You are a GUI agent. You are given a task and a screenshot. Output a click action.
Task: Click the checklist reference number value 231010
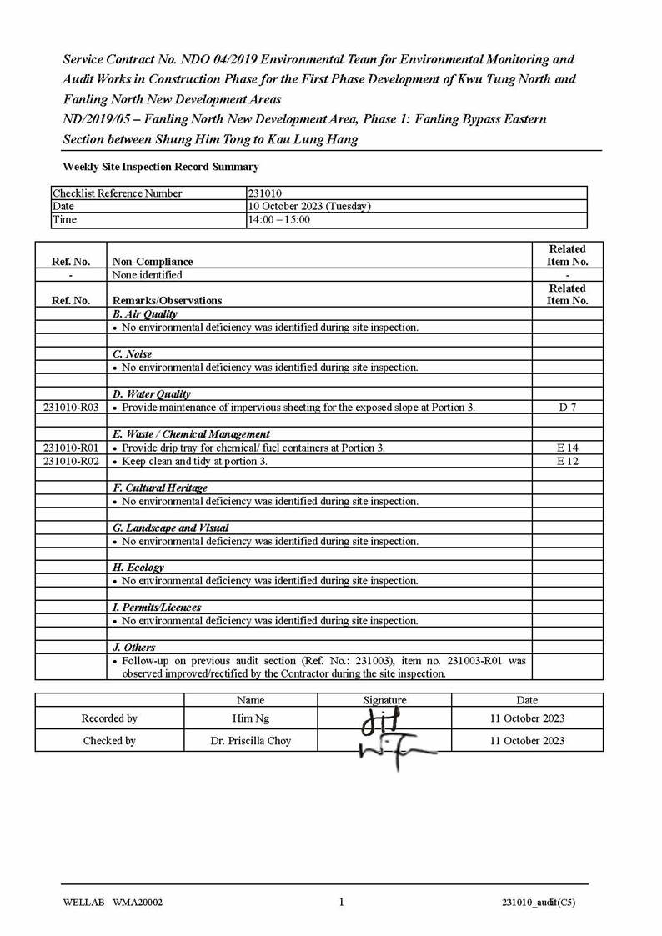pyautogui.click(x=265, y=193)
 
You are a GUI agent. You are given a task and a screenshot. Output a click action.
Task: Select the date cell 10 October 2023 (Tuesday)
pyautogui.click(x=309, y=207)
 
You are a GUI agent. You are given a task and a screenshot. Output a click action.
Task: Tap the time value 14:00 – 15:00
pyautogui.click(x=279, y=220)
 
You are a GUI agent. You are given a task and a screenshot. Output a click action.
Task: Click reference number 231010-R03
pyautogui.click(x=71, y=408)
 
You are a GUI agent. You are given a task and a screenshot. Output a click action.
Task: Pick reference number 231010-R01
pyautogui.click(x=71, y=448)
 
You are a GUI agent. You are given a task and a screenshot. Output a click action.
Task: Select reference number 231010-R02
pyautogui.click(x=71, y=461)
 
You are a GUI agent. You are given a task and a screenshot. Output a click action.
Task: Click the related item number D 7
pyautogui.click(x=567, y=408)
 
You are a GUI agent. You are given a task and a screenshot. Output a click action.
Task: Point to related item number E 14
pyautogui.click(x=567, y=448)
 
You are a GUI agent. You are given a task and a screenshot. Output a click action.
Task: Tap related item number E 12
pyautogui.click(x=567, y=461)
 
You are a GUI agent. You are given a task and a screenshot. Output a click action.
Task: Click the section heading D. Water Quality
pyautogui.click(x=151, y=394)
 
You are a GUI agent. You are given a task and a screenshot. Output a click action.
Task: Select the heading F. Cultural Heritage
pyautogui.click(x=159, y=488)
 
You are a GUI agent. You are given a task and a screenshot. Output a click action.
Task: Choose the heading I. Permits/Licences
pyautogui.click(x=156, y=608)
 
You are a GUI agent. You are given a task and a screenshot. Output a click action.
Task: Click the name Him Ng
pyautogui.click(x=251, y=718)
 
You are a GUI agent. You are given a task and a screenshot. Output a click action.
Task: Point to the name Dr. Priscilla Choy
pyautogui.click(x=251, y=741)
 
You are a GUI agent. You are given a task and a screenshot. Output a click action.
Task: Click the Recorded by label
pyautogui.click(x=109, y=718)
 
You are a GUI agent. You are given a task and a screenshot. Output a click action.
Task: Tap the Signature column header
pyautogui.click(x=384, y=700)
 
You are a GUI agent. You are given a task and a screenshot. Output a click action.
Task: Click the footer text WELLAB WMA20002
pyautogui.click(x=113, y=902)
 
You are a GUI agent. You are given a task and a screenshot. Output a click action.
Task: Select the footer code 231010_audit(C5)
pyautogui.click(x=538, y=902)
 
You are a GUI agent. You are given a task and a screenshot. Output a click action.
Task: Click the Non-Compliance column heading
pyautogui.click(x=153, y=262)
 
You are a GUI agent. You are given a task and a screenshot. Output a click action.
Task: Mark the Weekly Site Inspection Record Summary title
pyautogui.click(x=161, y=167)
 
